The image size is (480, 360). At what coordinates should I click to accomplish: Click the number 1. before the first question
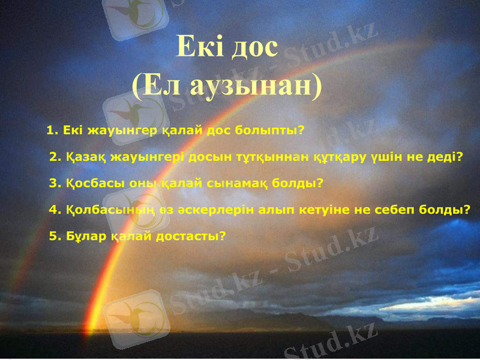tap(52, 130)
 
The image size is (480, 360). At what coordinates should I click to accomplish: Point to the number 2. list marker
tap(55, 157)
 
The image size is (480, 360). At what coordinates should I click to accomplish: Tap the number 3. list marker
tap(55, 183)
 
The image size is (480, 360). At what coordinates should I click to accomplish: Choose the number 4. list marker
tap(55, 209)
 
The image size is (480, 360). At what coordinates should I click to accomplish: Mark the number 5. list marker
tap(55, 236)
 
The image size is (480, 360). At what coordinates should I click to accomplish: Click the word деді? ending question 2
tap(447, 157)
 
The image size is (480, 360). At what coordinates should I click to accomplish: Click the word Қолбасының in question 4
tap(104, 209)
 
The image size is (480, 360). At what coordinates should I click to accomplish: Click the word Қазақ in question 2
tap(86, 157)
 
